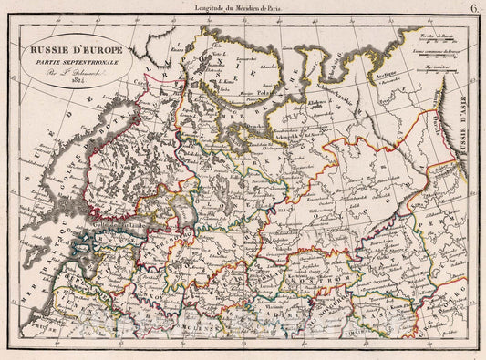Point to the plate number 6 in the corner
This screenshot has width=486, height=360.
pyautogui.click(x=477, y=8)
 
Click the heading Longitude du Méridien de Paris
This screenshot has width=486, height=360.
pyautogui.click(x=242, y=8)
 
